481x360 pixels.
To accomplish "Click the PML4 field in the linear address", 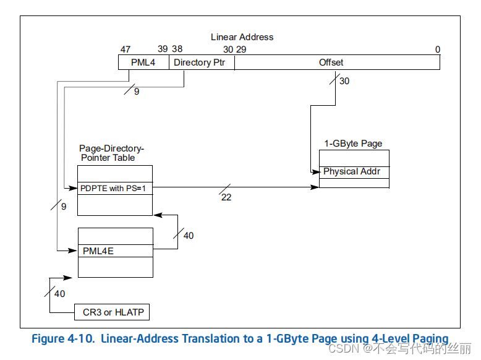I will click(143, 62).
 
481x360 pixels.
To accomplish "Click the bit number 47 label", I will click(126, 49).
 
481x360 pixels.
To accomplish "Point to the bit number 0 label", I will click(437, 49).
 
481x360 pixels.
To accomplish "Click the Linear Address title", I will click(242, 37).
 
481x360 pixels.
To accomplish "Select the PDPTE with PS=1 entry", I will click(114, 188).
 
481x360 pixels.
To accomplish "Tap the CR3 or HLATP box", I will click(113, 312).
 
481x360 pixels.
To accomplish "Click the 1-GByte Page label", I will click(353, 144).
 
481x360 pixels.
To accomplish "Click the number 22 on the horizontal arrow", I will click(226, 197).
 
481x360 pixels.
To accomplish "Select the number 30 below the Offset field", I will click(344, 81).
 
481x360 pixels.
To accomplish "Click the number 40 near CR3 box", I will click(59, 294).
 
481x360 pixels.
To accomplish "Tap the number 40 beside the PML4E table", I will click(189, 236).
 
